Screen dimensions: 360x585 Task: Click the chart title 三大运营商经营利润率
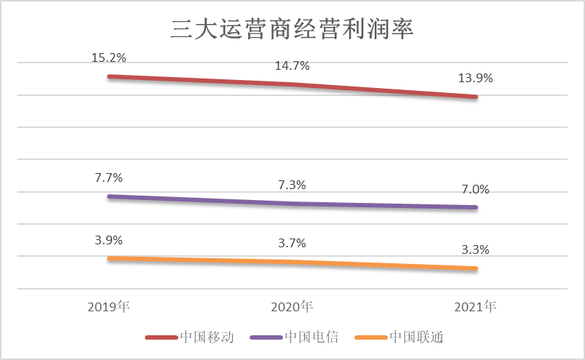tap(292, 30)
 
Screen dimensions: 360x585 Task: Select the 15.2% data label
tap(108, 57)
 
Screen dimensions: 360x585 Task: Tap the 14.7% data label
tap(292, 66)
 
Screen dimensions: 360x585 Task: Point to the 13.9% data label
tap(475, 79)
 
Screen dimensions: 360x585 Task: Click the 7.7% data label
tap(108, 177)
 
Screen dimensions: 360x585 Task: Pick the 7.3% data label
tap(292, 185)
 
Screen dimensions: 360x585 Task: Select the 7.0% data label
tap(475, 190)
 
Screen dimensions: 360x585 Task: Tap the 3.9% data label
tap(108, 240)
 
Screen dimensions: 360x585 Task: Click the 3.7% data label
tap(292, 243)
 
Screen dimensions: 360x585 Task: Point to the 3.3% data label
tap(475, 250)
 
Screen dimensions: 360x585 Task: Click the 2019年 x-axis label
tap(108, 306)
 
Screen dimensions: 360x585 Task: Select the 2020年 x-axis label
tap(292, 306)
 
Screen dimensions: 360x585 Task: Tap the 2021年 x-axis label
tap(475, 306)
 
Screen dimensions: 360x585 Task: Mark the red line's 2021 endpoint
tap(475, 97)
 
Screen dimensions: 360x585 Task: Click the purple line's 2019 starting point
tap(109, 196)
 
